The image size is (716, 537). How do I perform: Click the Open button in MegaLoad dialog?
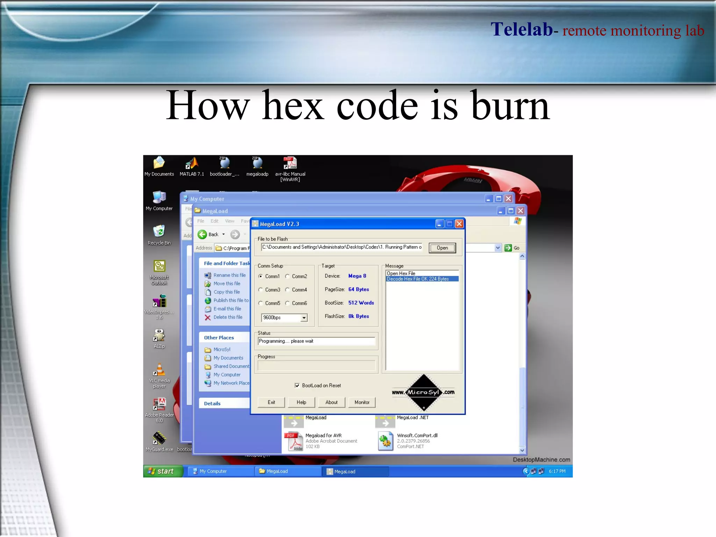pos(442,248)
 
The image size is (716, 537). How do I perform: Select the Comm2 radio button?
pos(287,276)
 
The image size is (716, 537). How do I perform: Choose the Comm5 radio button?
pos(260,303)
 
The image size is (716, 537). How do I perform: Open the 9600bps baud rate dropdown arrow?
pos(304,318)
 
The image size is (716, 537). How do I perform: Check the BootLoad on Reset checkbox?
pos(297,386)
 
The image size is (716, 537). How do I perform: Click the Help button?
pos(301,402)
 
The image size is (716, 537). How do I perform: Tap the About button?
pos(331,402)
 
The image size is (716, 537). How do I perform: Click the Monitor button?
pos(362,402)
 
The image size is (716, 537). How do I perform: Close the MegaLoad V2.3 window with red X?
pos(459,224)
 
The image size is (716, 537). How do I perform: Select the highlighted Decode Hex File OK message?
pos(418,279)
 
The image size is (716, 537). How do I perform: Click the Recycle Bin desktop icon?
pos(159,231)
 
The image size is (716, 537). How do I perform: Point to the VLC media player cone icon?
pos(159,370)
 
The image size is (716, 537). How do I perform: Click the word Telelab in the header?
pos(521,29)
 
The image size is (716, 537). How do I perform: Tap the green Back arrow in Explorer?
pos(202,234)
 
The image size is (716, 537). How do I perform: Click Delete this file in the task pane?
pos(228,317)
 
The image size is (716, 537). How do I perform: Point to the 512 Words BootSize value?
pos(361,303)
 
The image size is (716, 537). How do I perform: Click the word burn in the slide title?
pos(510,106)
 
